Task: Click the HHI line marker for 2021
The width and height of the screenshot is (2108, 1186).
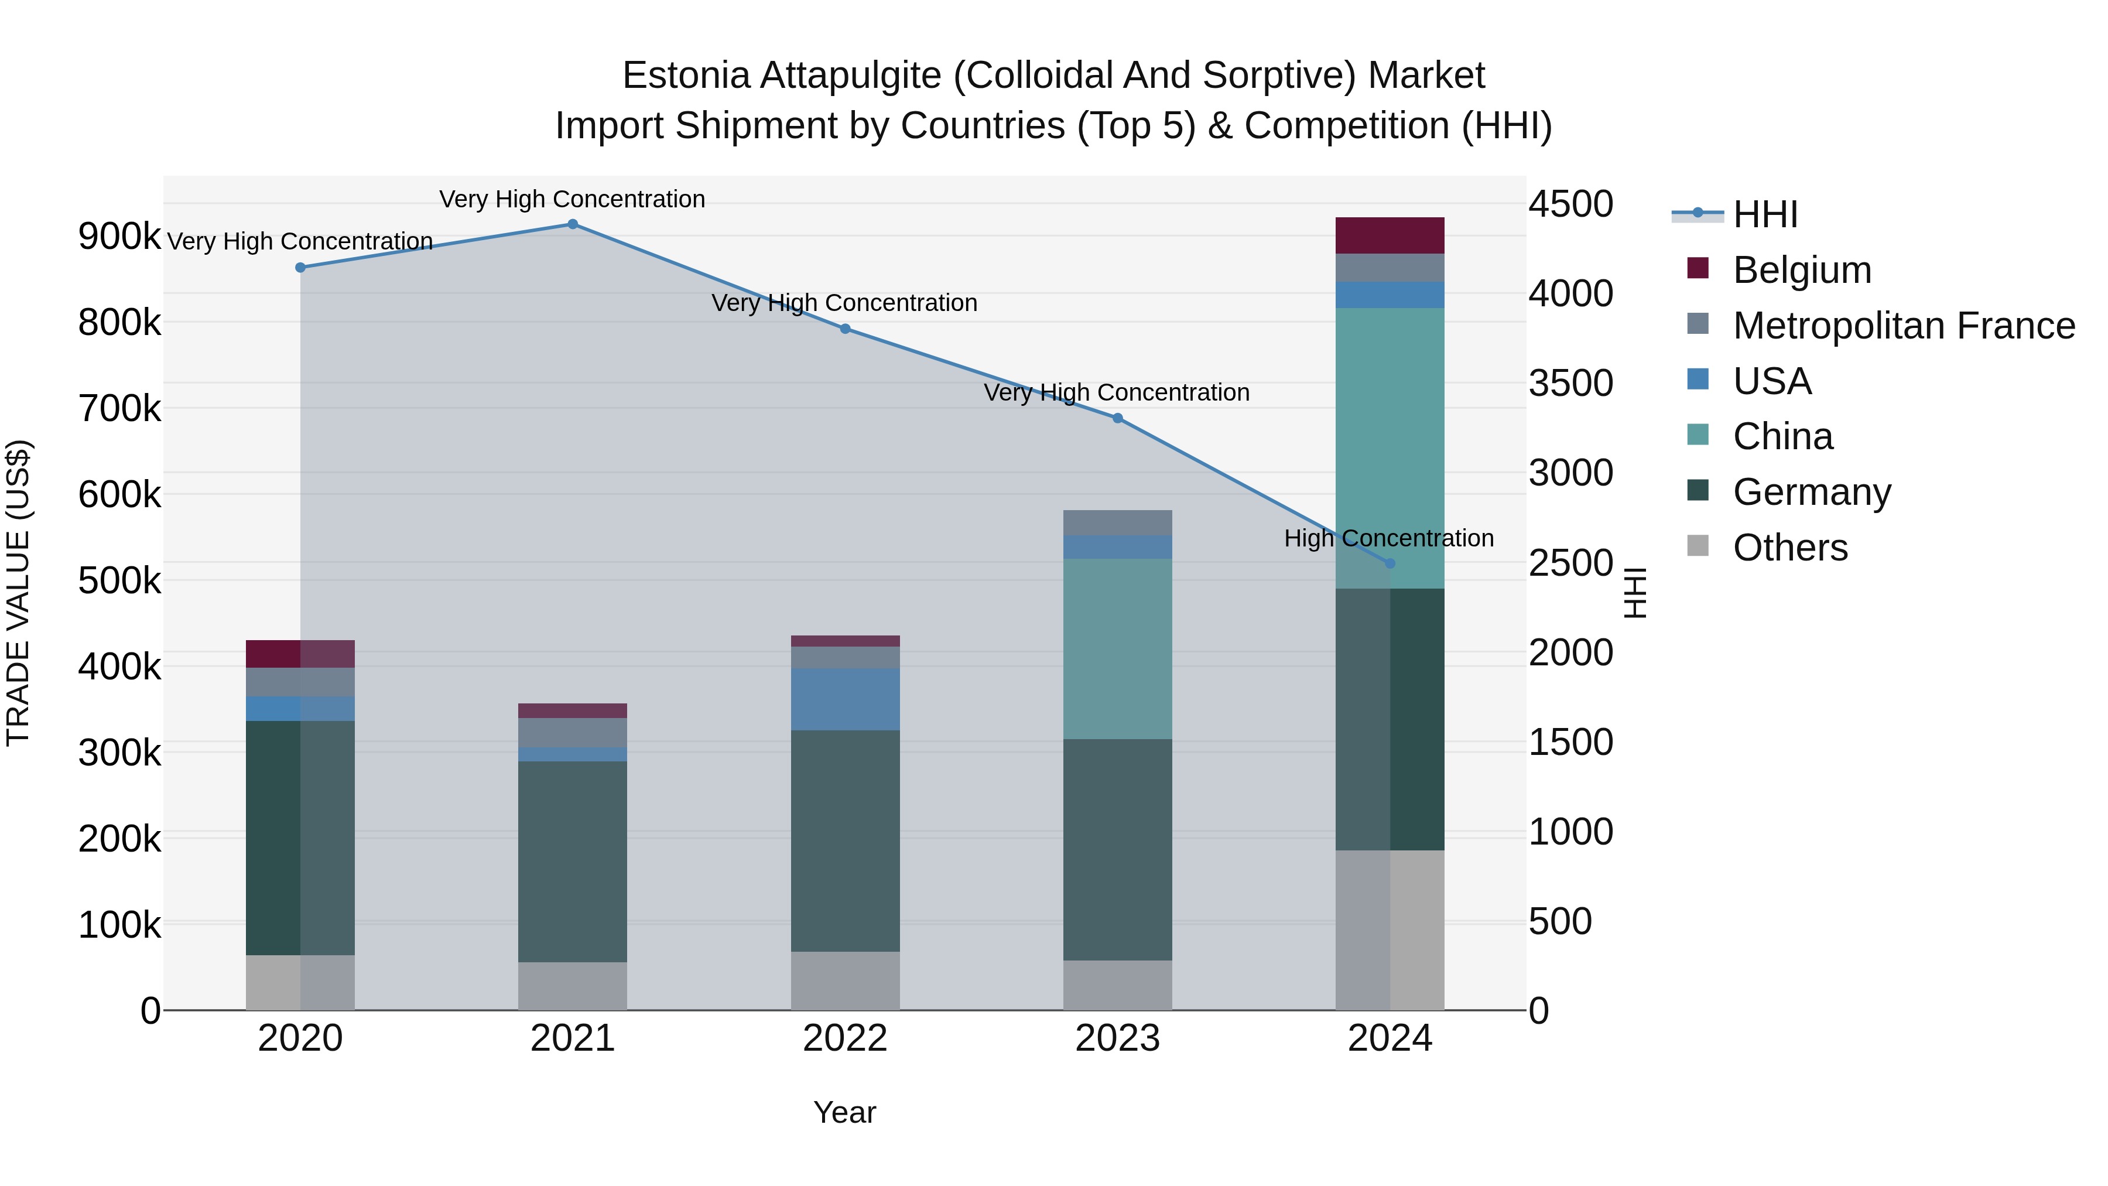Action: click(572, 224)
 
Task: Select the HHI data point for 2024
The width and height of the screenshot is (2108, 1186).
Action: click(1390, 564)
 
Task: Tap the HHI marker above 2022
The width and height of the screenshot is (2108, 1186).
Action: click(846, 329)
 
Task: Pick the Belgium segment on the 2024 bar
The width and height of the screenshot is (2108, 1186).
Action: click(1390, 235)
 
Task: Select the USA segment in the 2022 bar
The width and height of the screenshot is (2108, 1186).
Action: click(846, 699)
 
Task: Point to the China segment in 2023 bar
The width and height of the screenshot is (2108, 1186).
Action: click(1117, 649)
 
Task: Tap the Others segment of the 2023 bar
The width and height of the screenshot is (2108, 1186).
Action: click(1117, 986)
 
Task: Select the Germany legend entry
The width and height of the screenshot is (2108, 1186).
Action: click(1811, 493)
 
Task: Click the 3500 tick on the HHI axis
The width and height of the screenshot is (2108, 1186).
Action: click(1570, 383)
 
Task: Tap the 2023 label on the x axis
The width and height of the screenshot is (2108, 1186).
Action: click(1117, 1038)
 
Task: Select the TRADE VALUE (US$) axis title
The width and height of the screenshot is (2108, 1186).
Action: click(18, 593)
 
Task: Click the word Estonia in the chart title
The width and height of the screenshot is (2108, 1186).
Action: click(686, 76)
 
